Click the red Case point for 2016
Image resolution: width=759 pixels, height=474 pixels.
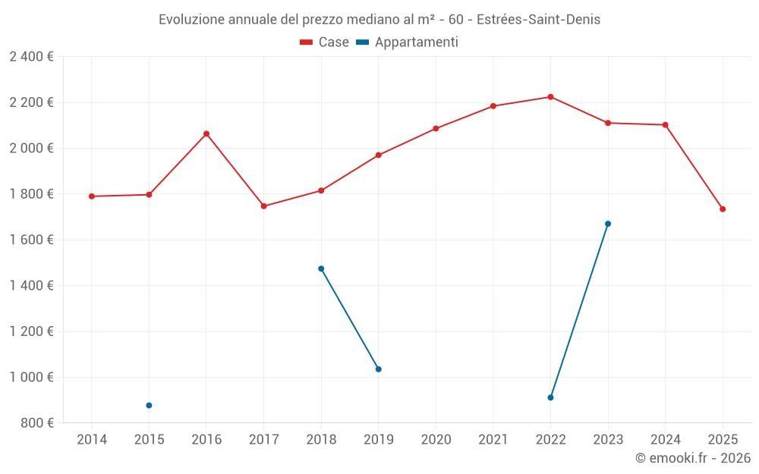click(206, 133)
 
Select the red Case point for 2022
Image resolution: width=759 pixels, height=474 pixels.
click(550, 97)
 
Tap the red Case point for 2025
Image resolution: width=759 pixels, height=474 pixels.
click(723, 209)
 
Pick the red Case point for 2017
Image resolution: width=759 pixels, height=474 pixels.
click(263, 206)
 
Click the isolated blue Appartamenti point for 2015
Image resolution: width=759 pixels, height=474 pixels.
click(149, 406)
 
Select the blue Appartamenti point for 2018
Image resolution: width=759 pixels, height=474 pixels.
click(321, 268)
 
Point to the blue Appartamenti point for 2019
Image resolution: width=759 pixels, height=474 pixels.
click(378, 369)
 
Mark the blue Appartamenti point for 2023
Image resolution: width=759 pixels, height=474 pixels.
click(608, 224)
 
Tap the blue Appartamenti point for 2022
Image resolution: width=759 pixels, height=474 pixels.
click(550, 397)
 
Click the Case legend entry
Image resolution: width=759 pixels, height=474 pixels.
click(325, 42)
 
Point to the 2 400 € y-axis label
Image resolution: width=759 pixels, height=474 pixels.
click(31, 57)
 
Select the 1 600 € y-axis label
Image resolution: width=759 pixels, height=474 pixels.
click(31, 240)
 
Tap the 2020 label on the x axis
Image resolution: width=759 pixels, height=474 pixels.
click(436, 440)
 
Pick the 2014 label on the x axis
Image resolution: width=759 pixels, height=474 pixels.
click(92, 440)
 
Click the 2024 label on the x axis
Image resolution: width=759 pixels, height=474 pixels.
click(665, 440)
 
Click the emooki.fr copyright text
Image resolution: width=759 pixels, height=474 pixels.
click(692, 458)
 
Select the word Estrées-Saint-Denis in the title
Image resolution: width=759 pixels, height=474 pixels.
click(540, 20)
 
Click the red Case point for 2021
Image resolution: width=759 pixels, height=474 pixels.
click(493, 106)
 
